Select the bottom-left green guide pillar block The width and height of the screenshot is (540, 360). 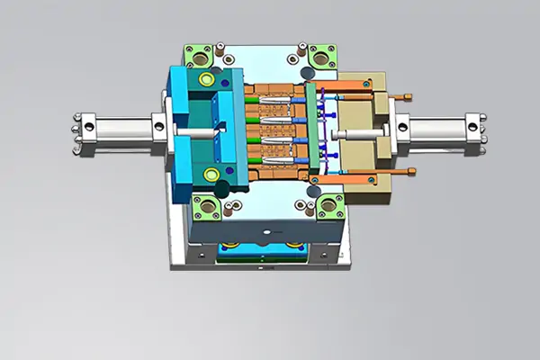206,208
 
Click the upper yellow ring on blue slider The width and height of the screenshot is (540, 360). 210,82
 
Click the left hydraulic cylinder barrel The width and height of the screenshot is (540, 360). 121,129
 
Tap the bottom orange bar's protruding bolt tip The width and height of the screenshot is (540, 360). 412,172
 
